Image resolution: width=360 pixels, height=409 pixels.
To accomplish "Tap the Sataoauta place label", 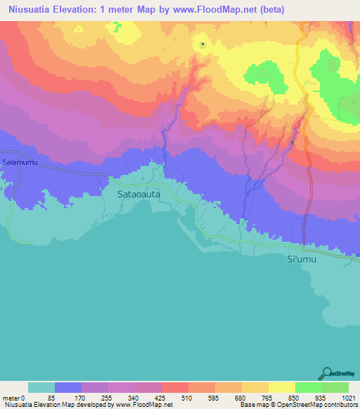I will click(x=134, y=189).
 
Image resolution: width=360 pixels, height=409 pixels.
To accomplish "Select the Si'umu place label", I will click(x=304, y=260).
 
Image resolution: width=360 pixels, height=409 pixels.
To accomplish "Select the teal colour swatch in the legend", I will click(x=41, y=387).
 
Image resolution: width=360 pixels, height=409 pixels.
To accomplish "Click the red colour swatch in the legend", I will click(x=175, y=387).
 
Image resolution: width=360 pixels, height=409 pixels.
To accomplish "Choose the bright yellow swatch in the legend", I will click(x=282, y=387).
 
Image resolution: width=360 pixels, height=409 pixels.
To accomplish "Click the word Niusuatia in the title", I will click(x=30, y=9).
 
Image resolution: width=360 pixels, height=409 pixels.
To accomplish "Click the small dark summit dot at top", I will click(x=202, y=44).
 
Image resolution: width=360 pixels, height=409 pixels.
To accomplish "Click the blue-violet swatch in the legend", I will click(x=68, y=387).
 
